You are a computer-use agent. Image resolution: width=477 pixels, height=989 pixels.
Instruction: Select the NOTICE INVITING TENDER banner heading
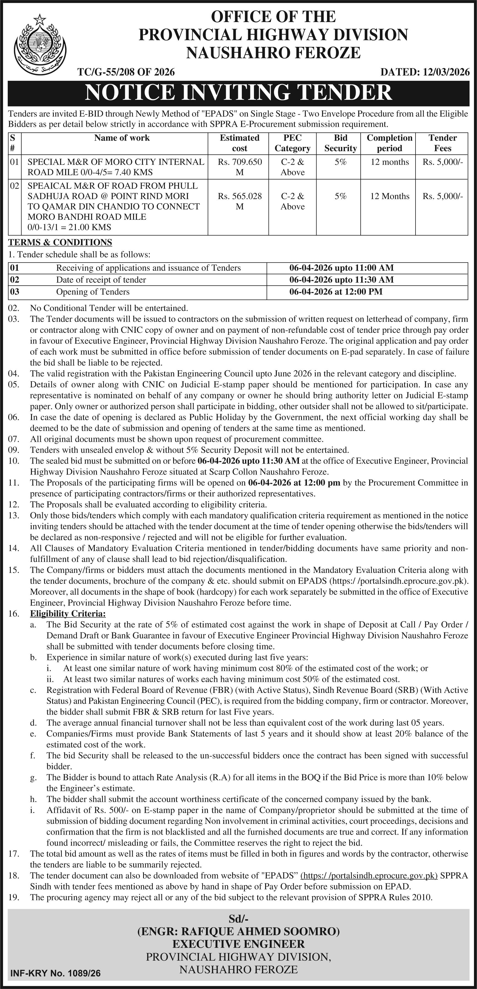pyautogui.click(x=238, y=93)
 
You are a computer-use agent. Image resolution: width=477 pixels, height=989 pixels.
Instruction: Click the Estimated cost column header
pyautogui.click(x=239, y=143)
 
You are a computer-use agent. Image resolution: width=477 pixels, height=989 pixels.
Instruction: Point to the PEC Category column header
pyautogui.click(x=292, y=143)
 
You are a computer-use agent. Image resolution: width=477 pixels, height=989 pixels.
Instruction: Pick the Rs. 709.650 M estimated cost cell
pyautogui.click(x=240, y=167)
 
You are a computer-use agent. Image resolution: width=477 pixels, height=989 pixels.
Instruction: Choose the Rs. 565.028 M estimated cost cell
pyautogui.click(x=240, y=201)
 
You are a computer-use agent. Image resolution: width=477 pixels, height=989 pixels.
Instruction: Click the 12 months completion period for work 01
pyautogui.click(x=389, y=162)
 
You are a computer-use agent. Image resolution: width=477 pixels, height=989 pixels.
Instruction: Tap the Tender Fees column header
pyautogui.click(x=443, y=143)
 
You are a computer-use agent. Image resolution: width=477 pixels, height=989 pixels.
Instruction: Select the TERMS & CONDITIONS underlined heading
pyautogui.click(x=60, y=242)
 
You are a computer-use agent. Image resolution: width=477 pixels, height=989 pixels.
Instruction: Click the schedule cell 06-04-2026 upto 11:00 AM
pyautogui.click(x=341, y=268)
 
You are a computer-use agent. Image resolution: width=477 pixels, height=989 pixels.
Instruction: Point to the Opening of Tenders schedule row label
pyautogui.click(x=93, y=292)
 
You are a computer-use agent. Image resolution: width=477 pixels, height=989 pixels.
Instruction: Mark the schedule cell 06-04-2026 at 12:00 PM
pyautogui.click(x=336, y=292)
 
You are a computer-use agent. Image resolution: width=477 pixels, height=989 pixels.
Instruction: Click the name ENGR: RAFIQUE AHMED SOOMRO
pyautogui.click(x=238, y=931)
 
